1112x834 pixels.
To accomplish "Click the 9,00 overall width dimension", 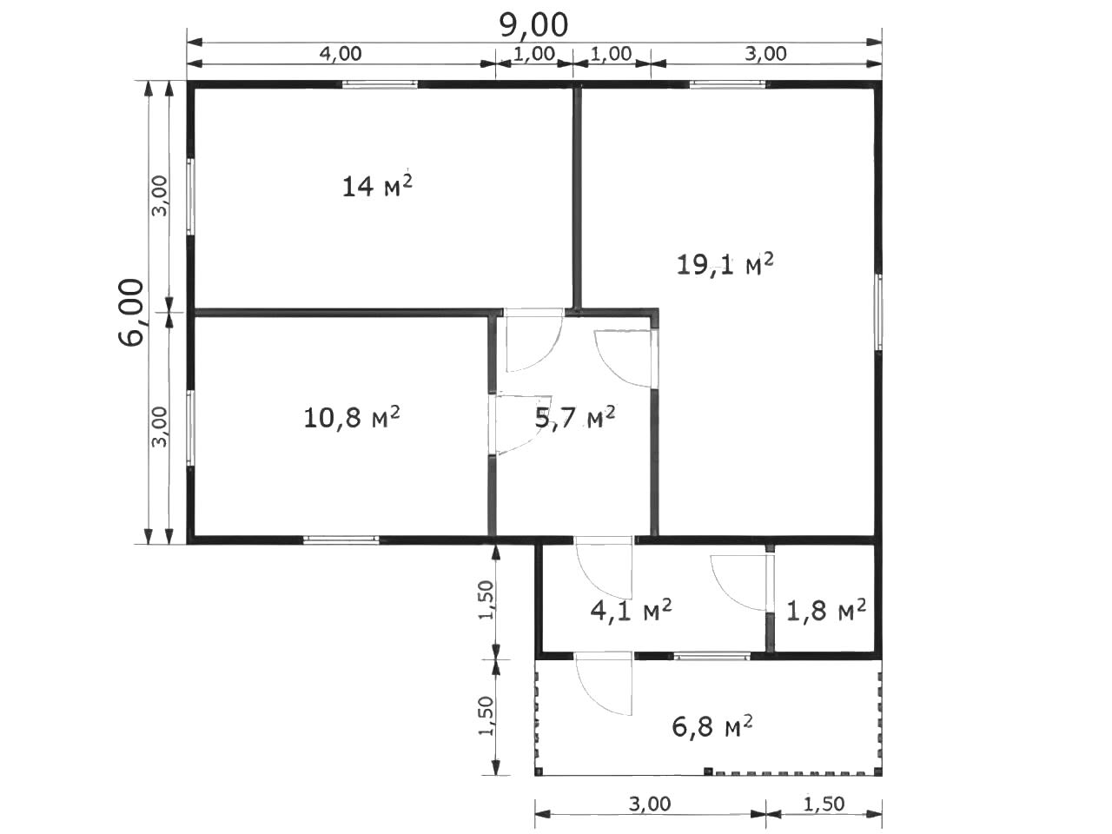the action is tap(534, 26).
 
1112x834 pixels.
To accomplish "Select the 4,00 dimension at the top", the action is tap(341, 54).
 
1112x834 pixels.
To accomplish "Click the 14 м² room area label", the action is tap(377, 185).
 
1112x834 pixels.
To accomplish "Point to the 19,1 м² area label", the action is tap(725, 264).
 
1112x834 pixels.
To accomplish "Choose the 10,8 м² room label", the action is tap(352, 417).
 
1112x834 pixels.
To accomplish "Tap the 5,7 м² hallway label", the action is tap(575, 417).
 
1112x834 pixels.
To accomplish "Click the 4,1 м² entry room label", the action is tap(631, 610).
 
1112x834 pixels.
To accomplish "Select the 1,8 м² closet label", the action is tap(826, 610).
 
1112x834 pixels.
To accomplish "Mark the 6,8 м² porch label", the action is tap(712, 726).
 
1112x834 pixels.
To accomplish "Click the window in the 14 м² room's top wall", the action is tap(380, 84).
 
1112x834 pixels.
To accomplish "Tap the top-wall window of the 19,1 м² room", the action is tap(727, 84).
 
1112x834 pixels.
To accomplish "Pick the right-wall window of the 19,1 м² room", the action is tap(879, 312).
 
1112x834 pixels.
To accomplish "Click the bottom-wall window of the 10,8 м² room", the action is tap(341, 540).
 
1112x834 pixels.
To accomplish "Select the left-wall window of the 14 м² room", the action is tap(191, 197).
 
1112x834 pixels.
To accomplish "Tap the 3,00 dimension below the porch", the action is tap(650, 804).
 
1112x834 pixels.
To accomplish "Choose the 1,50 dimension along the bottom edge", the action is tap(824, 804).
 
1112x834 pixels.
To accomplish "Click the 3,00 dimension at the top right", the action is tap(765, 54).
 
